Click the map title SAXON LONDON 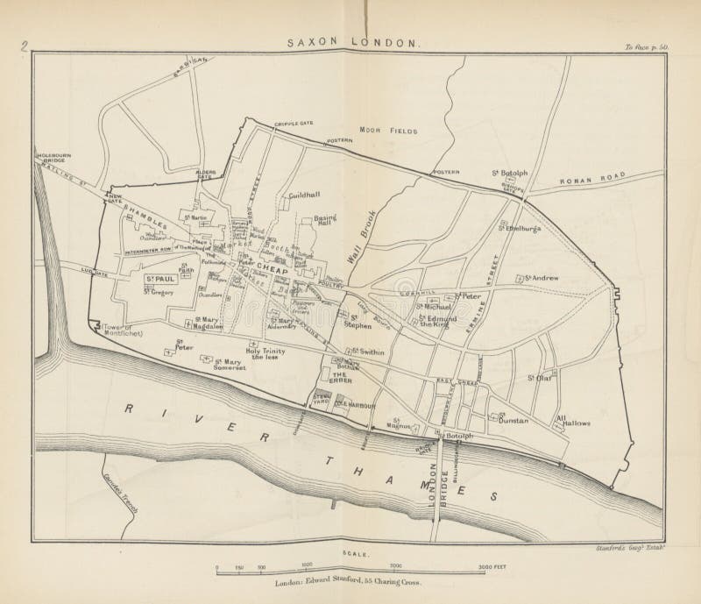coord(354,42)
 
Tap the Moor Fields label coord(392,131)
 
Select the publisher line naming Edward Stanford coord(349,581)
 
